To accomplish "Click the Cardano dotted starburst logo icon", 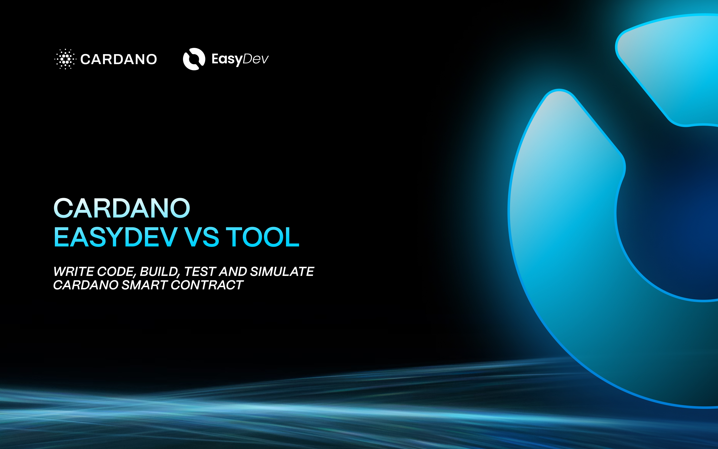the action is click(x=65, y=59).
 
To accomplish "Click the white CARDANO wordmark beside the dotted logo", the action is click(x=119, y=59).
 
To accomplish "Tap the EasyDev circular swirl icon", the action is click(x=194, y=59).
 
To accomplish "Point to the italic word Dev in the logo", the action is click(x=256, y=59).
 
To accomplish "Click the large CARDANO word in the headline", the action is click(x=122, y=208).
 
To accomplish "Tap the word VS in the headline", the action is click(x=202, y=237).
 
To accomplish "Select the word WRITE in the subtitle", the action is click(x=74, y=271).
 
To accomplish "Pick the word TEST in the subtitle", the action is click(x=200, y=271).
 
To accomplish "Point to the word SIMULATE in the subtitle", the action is click(x=282, y=271).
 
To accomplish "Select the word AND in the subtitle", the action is click(x=233, y=271).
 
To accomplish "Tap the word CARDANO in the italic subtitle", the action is click(x=86, y=285).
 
